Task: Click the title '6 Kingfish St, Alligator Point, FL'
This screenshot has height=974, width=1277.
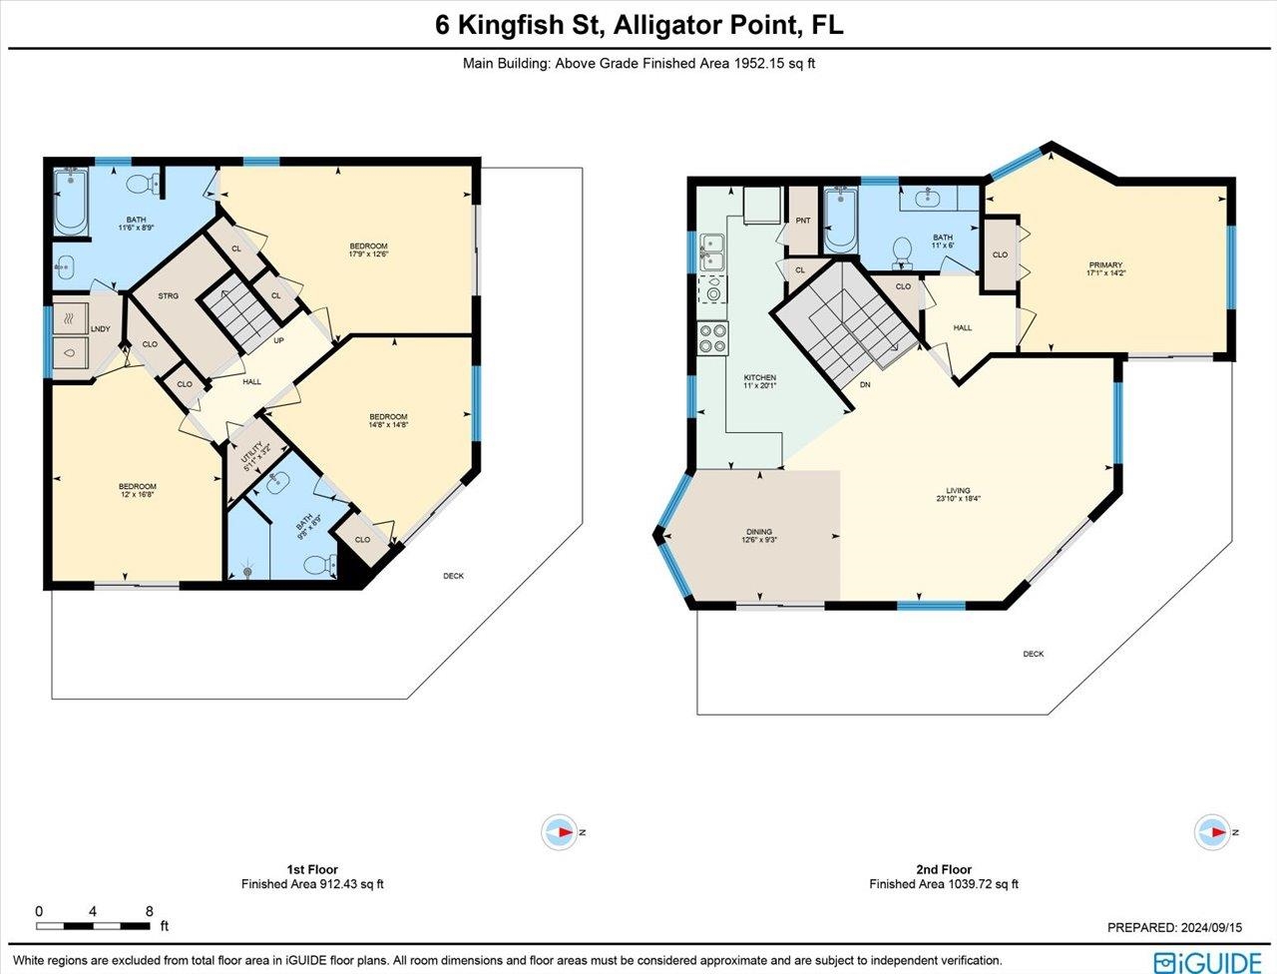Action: click(638, 25)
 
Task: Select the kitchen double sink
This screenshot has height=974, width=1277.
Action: click(712, 252)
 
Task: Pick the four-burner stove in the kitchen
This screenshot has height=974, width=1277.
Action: click(713, 338)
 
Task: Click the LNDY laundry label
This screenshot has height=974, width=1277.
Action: click(100, 328)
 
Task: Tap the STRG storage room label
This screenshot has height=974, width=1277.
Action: click(168, 296)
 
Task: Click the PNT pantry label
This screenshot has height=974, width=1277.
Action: click(803, 221)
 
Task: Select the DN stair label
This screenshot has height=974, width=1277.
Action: click(865, 384)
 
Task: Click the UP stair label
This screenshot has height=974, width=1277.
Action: click(279, 340)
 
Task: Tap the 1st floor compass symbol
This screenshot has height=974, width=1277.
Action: click(560, 832)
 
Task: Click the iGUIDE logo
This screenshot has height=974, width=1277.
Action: click(1206, 960)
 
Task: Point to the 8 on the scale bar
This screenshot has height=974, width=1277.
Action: click(149, 911)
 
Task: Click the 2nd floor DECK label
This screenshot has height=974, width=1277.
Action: click(1033, 654)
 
